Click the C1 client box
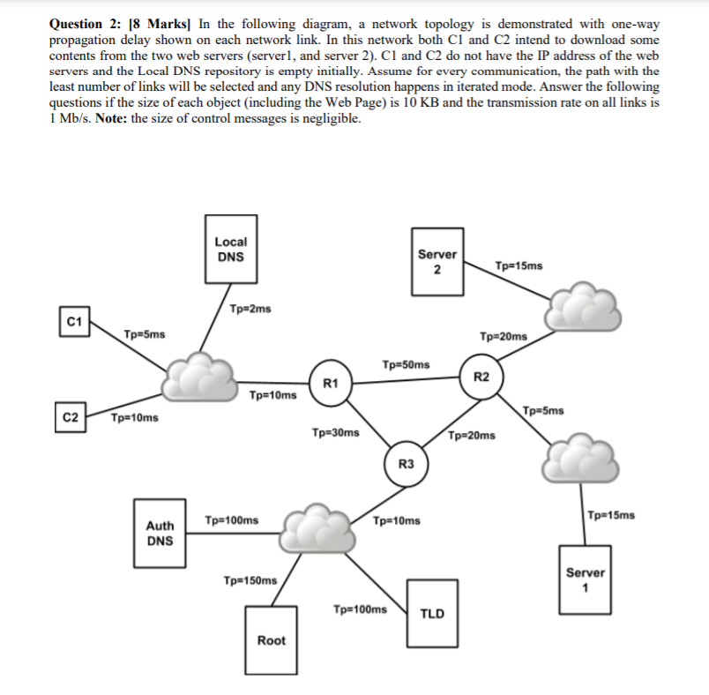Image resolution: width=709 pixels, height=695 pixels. coord(73,322)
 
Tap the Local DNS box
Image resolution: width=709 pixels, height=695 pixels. coord(231,249)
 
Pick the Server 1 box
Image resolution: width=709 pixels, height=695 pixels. coord(585,579)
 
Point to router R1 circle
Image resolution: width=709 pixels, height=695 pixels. coord(331,383)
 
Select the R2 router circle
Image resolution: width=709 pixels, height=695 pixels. coord(481,377)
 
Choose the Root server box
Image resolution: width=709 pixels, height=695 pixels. coord(271,640)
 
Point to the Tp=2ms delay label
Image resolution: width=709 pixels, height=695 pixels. coord(250,309)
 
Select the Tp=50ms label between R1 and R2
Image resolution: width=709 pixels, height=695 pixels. coord(407,364)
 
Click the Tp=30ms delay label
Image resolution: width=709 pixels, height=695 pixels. coord(335,433)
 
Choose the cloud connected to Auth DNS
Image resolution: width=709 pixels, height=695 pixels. coord(312,527)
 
